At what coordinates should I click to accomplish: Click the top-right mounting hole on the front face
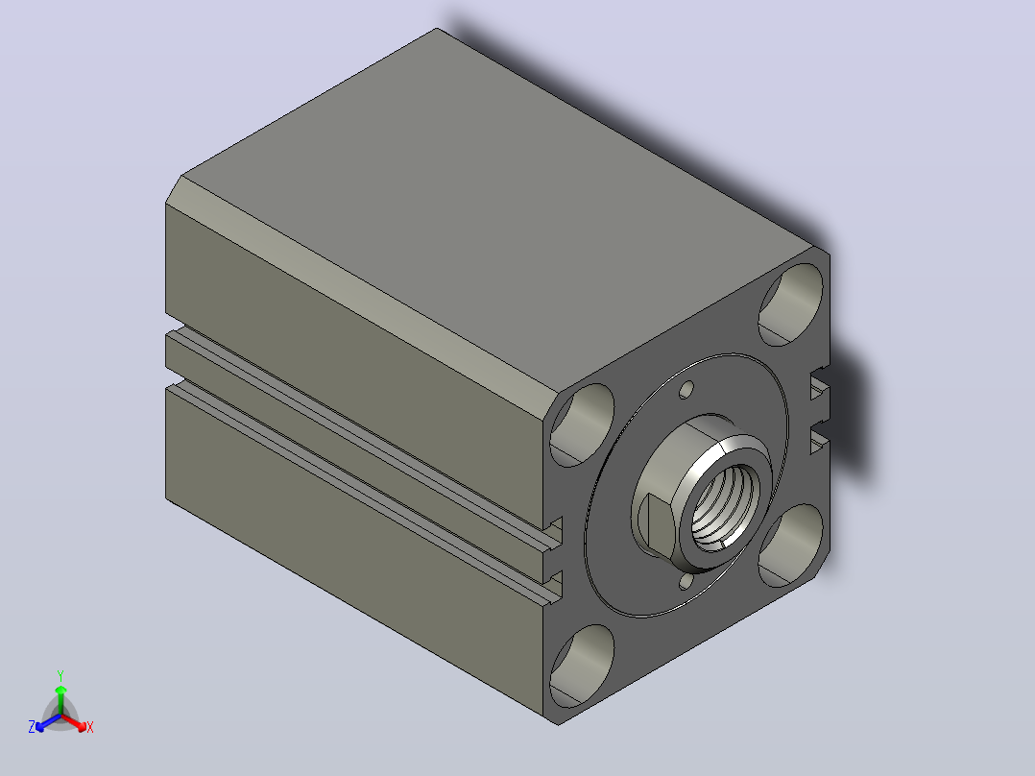click(791, 304)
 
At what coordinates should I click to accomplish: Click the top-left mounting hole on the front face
click(582, 424)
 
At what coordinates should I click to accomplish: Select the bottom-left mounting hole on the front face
click(582, 666)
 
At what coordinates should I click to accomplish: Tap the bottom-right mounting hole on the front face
click(791, 546)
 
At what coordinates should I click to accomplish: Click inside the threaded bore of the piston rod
click(724, 506)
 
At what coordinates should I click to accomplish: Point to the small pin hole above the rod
click(687, 390)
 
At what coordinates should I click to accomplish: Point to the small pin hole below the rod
click(686, 582)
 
